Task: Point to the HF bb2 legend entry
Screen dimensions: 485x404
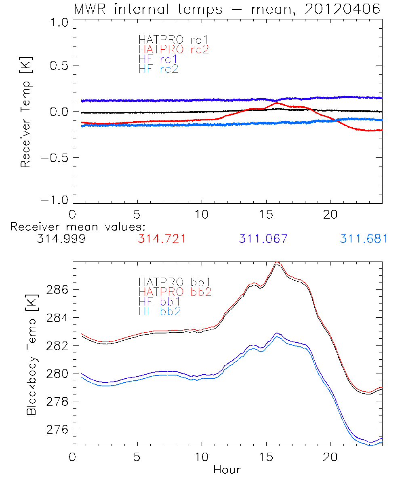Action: point(160,311)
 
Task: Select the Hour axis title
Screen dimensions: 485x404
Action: point(227,470)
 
